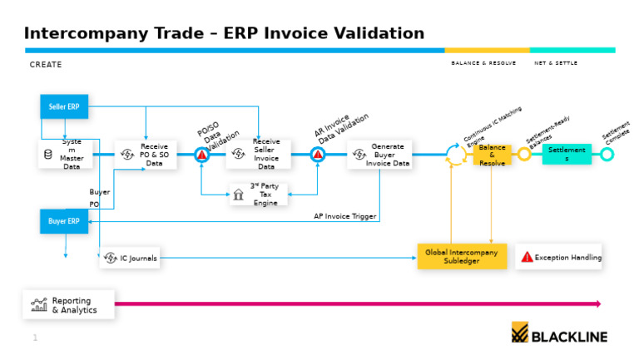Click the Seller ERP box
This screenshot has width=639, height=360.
(x=64, y=106)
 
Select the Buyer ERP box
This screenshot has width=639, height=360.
(x=64, y=221)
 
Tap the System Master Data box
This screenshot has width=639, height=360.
(x=65, y=155)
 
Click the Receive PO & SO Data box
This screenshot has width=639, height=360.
(x=146, y=155)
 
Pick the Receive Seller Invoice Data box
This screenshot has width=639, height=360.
(x=258, y=155)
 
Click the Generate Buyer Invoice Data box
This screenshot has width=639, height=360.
(x=379, y=155)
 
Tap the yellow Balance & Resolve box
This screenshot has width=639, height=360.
(x=492, y=155)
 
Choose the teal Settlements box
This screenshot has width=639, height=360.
(x=567, y=155)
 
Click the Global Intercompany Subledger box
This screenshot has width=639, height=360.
(x=462, y=256)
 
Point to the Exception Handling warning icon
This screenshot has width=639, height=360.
(x=527, y=258)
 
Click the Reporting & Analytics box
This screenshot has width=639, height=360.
(x=68, y=305)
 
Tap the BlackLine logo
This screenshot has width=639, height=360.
(x=559, y=334)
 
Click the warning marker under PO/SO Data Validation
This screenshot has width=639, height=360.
(x=201, y=155)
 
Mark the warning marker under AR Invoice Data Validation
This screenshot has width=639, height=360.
(x=317, y=155)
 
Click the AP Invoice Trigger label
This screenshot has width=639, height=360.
(x=344, y=216)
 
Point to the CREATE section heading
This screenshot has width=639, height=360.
(x=46, y=65)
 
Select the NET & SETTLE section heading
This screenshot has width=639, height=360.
(x=556, y=63)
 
